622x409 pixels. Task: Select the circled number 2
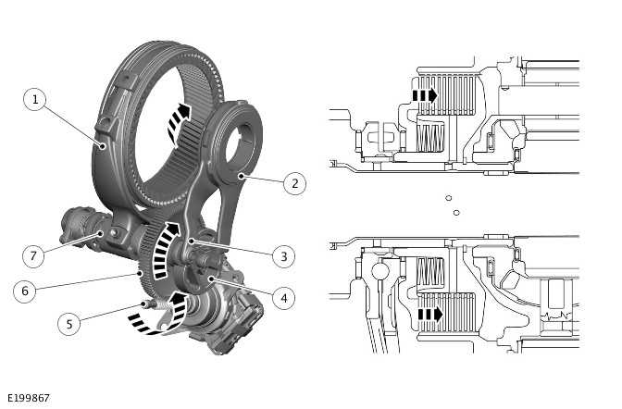pyautogui.click(x=293, y=183)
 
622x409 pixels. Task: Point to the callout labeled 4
pyautogui.click(x=285, y=298)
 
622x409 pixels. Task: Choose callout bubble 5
pyautogui.click(x=68, y=324)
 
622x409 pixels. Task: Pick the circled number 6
pyautogui.click(x=26, y=291)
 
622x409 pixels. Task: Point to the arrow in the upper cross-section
pyautogui.click(x=424, y=94)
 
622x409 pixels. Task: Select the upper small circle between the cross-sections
pyautogui.click(x=447, y=197)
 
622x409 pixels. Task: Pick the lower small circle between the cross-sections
pyautogui.click(x=456, y=212)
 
